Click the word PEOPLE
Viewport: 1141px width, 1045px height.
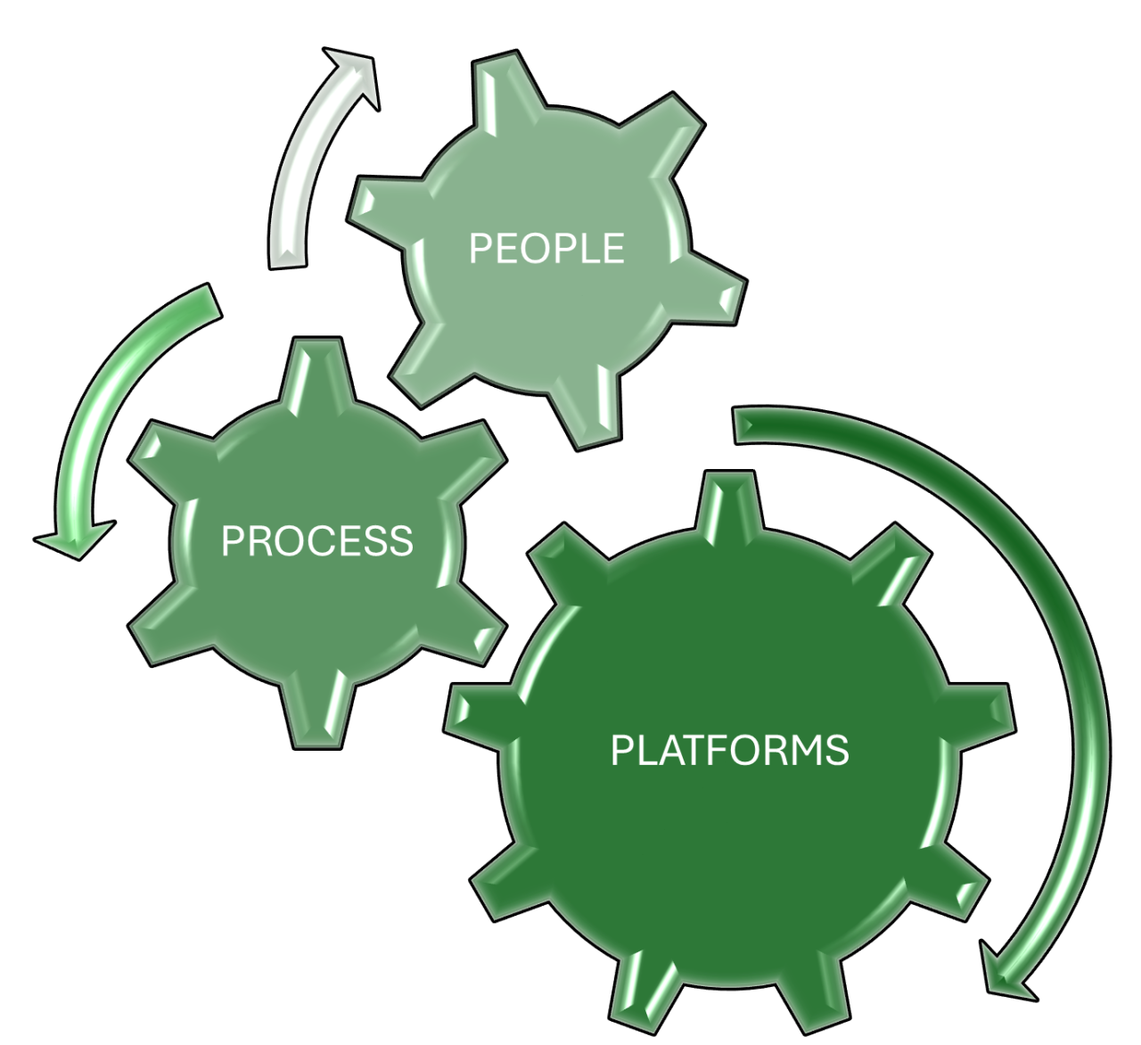[546, 248]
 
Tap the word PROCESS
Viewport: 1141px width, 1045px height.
[316, 540]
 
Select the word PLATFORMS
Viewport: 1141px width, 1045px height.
[729, 750]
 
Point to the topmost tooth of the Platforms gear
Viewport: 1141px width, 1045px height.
[729, 504]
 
